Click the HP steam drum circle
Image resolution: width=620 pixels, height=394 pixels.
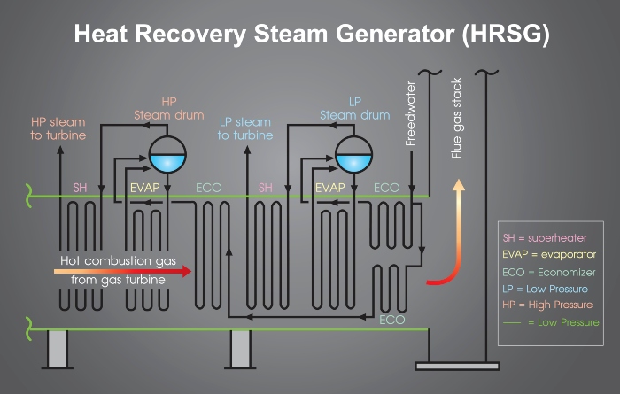click(167, 154)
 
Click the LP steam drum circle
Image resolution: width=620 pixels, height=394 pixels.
click(353, 154)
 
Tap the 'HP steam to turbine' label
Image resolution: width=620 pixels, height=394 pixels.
click(58, 128)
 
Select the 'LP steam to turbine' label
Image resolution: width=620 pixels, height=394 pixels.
click(245, 128)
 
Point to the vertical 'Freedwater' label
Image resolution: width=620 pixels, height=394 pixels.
click(410, 114)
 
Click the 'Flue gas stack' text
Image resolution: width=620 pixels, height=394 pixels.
click(456, 118)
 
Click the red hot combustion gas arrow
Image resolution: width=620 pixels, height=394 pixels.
click(122, 271)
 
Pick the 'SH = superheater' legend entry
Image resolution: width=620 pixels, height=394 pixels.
click(545, 238)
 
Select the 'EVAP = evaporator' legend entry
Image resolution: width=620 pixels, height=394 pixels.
click(549, 254)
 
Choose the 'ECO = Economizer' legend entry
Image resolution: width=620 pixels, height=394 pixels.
click(549, 273)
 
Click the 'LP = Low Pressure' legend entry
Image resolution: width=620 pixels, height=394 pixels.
click(545, 289)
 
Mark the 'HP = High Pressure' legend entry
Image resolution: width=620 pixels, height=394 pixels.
click(547, 305)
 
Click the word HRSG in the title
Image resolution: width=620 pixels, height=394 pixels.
click(506, 34)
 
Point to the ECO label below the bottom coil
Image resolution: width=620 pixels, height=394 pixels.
click(391, 320)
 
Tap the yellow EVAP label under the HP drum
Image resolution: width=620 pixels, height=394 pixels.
click(145, 188)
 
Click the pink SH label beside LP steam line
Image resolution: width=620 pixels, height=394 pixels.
click(266, 188)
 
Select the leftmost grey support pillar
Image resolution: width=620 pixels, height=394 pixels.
click(58, 349)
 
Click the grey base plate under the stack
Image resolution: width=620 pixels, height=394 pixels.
click(457, 366)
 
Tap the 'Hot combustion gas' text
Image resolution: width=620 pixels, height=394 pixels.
click(118, 261)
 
